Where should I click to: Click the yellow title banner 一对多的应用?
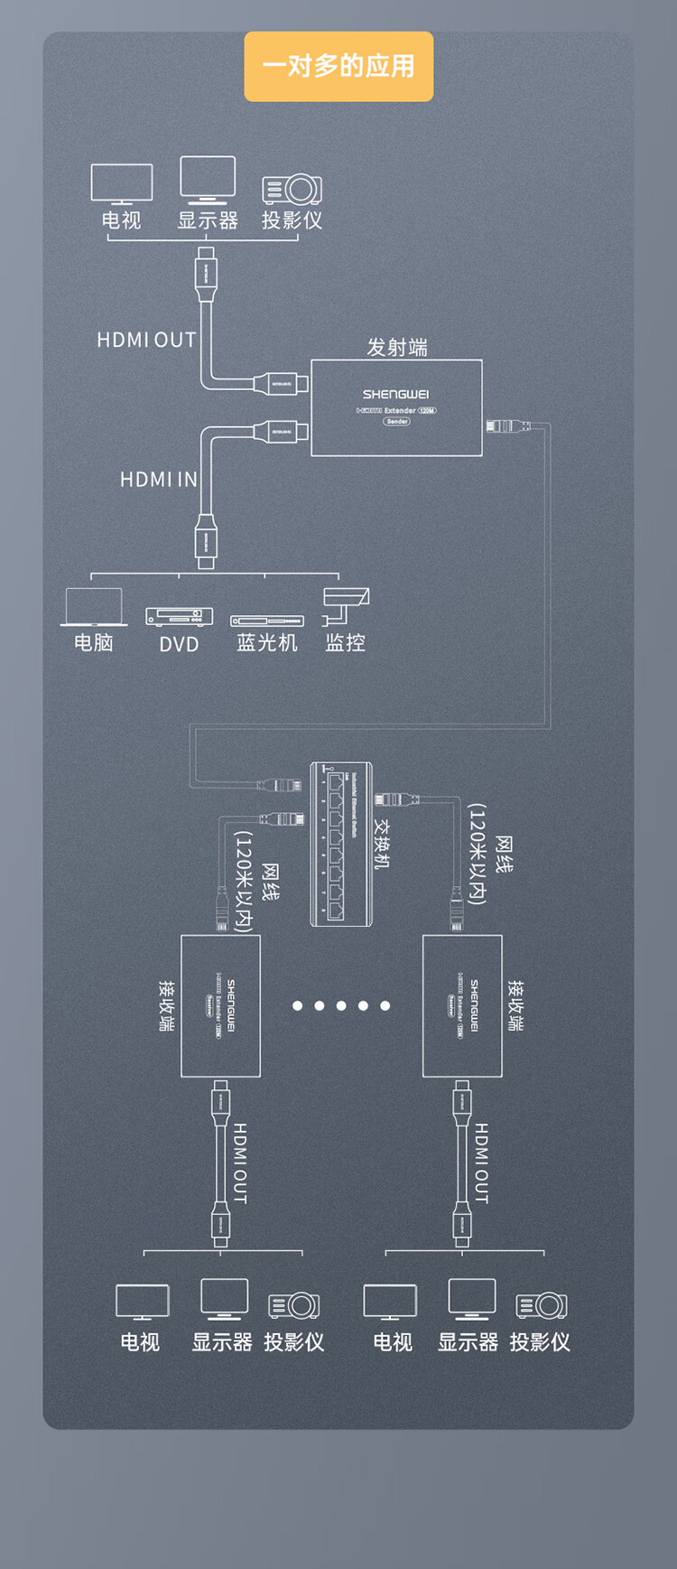tap(338, 66)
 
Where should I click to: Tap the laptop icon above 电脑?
tap(94, 606)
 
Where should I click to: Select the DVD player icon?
tap(179, 616)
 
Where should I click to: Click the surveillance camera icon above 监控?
tap(346, 604)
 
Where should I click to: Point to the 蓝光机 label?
tap(266, 642)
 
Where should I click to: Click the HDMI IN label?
tap(159, 479)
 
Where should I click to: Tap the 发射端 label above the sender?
tap(396, 348)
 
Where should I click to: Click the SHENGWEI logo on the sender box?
tap(395, 394)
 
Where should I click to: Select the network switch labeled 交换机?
tap(341, 844)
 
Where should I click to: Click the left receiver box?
tap(220, 1005)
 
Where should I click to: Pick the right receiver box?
tap(462, 1005)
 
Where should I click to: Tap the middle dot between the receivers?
tap(341, 1005)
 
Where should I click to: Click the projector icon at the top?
tap(292, 189)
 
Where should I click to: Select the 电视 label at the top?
tap(121, 220)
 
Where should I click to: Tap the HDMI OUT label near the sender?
tap(146, 340)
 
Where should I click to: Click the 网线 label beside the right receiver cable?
tap(504, 855)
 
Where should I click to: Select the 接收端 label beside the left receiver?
tap(167, 1005)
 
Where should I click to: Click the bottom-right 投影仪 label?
tap(540, 1342)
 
